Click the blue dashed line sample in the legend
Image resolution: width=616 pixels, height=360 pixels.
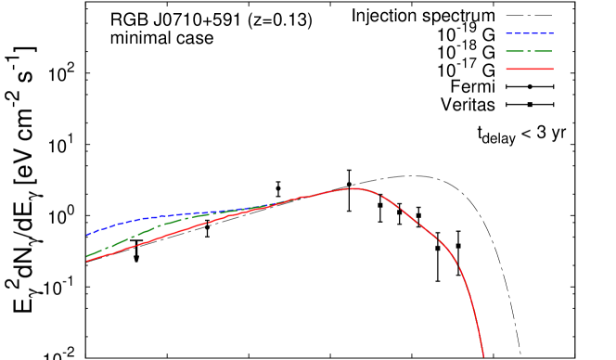click(x=530, y=33)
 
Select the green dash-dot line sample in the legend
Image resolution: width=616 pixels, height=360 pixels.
click(x=529, y=51)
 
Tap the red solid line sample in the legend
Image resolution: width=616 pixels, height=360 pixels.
click(x=530, y=69)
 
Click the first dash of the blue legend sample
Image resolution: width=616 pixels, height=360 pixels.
click(x=508, y=33)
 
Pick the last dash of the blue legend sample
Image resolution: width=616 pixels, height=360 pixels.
click(x=550, y=33)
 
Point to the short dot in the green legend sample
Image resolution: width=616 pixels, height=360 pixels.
click(x=530, y=51)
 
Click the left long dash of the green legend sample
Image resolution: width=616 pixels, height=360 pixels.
click(x=515, y=51)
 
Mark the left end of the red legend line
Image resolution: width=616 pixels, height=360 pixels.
click(x=507, y=69)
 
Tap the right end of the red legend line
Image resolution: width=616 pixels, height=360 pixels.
click(x=553, y=69)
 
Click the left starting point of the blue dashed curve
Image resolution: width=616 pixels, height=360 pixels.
click(x=87, y=235)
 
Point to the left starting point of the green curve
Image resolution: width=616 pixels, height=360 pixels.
click(x=87, y=256)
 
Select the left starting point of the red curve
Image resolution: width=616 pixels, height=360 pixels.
click(x=87, y=261)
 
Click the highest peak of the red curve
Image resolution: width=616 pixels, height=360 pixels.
click(x=353, y=188)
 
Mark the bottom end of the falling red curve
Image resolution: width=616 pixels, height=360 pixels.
click(x=483, y=356)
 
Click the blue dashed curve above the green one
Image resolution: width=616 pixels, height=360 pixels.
click(x=139, y=219)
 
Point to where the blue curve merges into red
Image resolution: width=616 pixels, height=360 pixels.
click(x=278, y=203)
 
